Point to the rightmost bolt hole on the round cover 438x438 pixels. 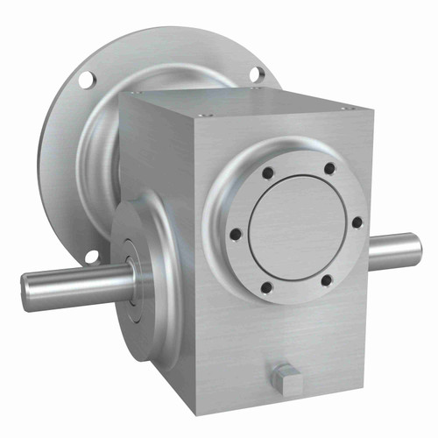357,223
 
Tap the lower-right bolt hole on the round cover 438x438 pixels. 326,280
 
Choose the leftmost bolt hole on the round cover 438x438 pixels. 235,233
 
